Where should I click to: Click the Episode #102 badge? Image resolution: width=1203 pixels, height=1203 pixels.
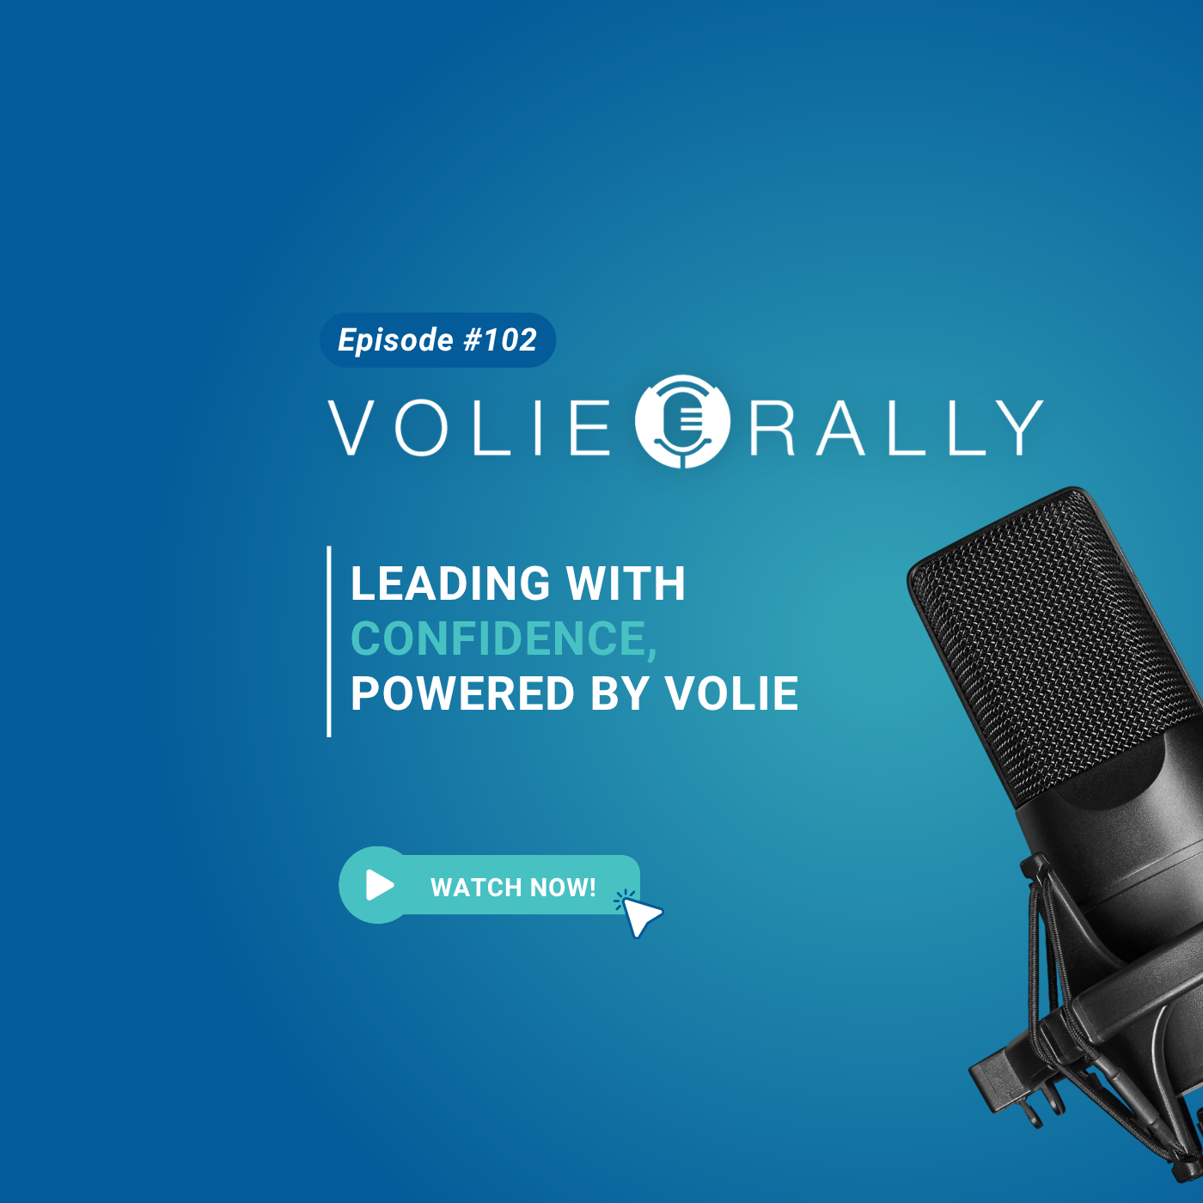tap(437, 339)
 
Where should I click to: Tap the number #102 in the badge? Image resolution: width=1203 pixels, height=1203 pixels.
tap(499, 339)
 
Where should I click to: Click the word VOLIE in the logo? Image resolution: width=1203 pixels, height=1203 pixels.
tap(468, 428)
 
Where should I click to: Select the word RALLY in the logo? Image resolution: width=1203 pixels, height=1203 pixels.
tap(896, 428)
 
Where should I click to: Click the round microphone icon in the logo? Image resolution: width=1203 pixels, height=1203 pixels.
tap(682, 421)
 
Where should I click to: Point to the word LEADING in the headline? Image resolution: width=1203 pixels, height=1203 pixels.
tap(450, 583)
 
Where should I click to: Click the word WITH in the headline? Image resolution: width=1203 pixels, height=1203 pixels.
tap(626, 583)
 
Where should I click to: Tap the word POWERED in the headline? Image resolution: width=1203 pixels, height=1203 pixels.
tap(462, 693)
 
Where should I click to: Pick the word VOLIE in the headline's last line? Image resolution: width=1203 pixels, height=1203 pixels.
tap(731, 693)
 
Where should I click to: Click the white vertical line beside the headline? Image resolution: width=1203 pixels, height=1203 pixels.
tap(329, 641)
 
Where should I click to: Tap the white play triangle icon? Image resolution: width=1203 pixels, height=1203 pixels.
tap(380, 884)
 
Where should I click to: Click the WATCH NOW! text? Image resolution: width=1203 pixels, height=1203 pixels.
tap(513, 887)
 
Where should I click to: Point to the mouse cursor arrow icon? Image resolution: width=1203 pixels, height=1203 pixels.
tap(640, 917)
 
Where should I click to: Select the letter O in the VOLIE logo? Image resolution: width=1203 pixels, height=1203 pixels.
tap(421, 428)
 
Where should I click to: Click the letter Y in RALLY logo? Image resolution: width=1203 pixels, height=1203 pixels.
tap(1020, 428)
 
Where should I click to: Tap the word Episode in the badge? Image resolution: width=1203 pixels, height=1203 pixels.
tap(395, 341)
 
